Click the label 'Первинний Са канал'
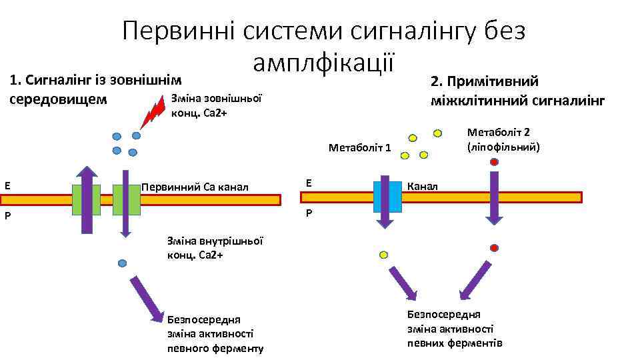tap(195, 187)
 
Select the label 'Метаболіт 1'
tap(360, 147)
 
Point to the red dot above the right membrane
tap(494, 162)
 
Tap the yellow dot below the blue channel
tap(383, 255)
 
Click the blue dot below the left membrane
tap(122, 263)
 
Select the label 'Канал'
tap(423, 186)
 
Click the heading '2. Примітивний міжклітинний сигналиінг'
tap(517, 91)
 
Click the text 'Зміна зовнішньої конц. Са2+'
tap(217, 105)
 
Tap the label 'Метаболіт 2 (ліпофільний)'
tap(503, 139)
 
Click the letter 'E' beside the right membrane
tap(308, 182)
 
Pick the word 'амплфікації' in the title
tap(325, 61)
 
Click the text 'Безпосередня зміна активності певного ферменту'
tap(215, 333)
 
